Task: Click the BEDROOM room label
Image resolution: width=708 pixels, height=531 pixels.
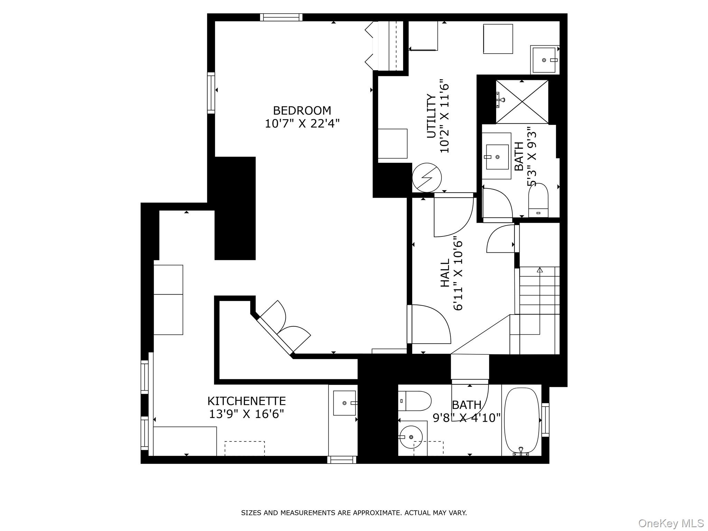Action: point(302,111)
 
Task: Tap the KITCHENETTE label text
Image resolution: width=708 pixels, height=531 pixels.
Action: point(246,401)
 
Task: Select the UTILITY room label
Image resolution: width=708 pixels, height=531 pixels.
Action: point(431,116)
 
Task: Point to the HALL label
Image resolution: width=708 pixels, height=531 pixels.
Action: point(445,273)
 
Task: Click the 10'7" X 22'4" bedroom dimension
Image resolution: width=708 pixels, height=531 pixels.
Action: point(302,123)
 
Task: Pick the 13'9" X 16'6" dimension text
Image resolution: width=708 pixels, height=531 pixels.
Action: point(246,414)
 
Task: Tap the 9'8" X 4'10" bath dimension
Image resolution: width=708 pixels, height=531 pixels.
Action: point(467,418)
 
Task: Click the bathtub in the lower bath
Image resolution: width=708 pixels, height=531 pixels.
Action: point(521,421)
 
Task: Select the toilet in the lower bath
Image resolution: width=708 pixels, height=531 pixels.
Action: point(414,401)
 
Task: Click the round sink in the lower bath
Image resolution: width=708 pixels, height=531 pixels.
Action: point(411,437)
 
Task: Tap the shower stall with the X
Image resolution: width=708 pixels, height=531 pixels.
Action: point(522,102)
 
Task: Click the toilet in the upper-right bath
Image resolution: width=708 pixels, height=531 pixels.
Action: point(538,201)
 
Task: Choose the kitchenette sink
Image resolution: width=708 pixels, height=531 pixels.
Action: point(344,403)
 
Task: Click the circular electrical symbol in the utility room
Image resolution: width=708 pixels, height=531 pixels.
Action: point(427,178)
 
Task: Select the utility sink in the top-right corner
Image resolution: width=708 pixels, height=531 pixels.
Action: point(544,60)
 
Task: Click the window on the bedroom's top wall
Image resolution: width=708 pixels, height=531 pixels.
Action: point(281,17)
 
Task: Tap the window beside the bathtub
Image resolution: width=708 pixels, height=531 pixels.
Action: point(545,420)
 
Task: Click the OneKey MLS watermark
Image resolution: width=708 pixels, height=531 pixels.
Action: point(671,523)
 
